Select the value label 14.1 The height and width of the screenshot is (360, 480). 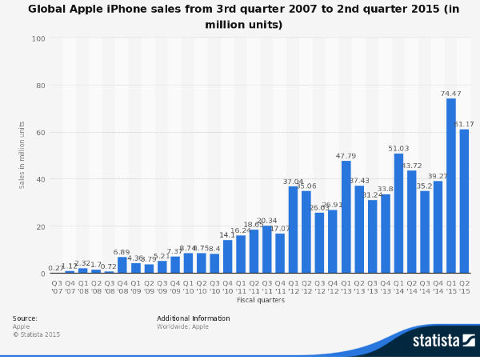[x=228, y=235]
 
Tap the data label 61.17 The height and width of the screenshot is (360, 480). [x=465, y=124]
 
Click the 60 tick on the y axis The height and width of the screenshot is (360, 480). [x=42, y=133]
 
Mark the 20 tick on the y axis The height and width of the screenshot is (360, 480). [x=42, y=226]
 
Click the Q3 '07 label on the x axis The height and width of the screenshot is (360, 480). [x=57, y=286]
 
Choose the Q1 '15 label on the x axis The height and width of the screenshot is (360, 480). [x=451, y=286]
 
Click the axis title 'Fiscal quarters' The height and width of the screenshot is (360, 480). [x=260, y=300]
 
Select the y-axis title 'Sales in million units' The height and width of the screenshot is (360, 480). [x=22, y=155]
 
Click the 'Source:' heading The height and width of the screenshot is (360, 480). [x=25, y=318]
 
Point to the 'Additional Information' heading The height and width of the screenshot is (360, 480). [x=193, y=318]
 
